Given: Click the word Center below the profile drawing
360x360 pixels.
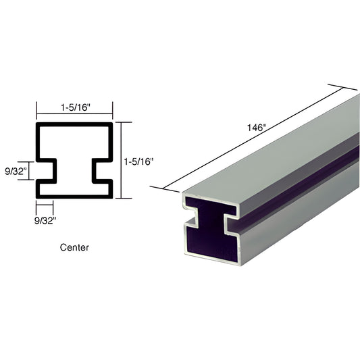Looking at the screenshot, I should click(x=74, y=248).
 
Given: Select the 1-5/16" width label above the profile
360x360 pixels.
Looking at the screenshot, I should click(x=74, y=107).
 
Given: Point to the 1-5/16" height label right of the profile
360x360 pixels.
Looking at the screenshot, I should click(x=140, y=161).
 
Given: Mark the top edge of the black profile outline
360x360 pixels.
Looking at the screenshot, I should click(x=74, y=125).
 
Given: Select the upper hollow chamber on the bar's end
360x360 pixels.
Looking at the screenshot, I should click(x=211, y=206).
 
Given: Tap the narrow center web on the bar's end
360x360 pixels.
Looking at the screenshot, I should click(x=212, y=223).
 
